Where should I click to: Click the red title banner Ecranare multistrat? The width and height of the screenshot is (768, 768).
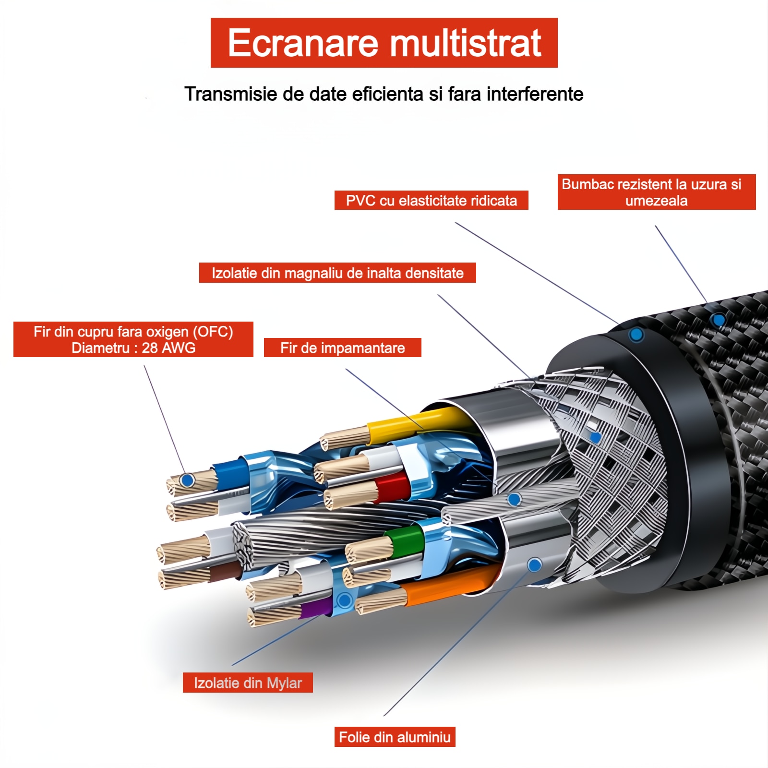click(x=384, y=43)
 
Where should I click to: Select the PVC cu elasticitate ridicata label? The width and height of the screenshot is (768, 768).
click(x=431, y=200)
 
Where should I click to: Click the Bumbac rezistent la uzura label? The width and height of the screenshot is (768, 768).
click(x=657, y=192)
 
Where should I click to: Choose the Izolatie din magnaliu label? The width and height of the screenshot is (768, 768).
click(x=337, y=273)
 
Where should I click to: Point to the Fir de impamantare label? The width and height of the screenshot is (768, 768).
click(x=343, y=348)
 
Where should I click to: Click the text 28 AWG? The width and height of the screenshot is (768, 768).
click(x=168, y=348)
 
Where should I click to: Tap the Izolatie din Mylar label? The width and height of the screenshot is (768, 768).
click(x=248, y=683)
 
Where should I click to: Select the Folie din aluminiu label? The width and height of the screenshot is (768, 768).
click(x=395, y=737)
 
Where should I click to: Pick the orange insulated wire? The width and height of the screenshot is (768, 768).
click(x=446, y=586)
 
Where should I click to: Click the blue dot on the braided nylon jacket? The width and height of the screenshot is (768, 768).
click(x=719, y=320)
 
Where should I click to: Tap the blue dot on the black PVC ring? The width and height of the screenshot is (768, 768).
click(x=636, y=335)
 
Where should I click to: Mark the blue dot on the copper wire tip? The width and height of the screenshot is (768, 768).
click(x=188, y=480)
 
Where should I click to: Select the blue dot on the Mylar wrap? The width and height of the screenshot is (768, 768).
click(x=344, y=600)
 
